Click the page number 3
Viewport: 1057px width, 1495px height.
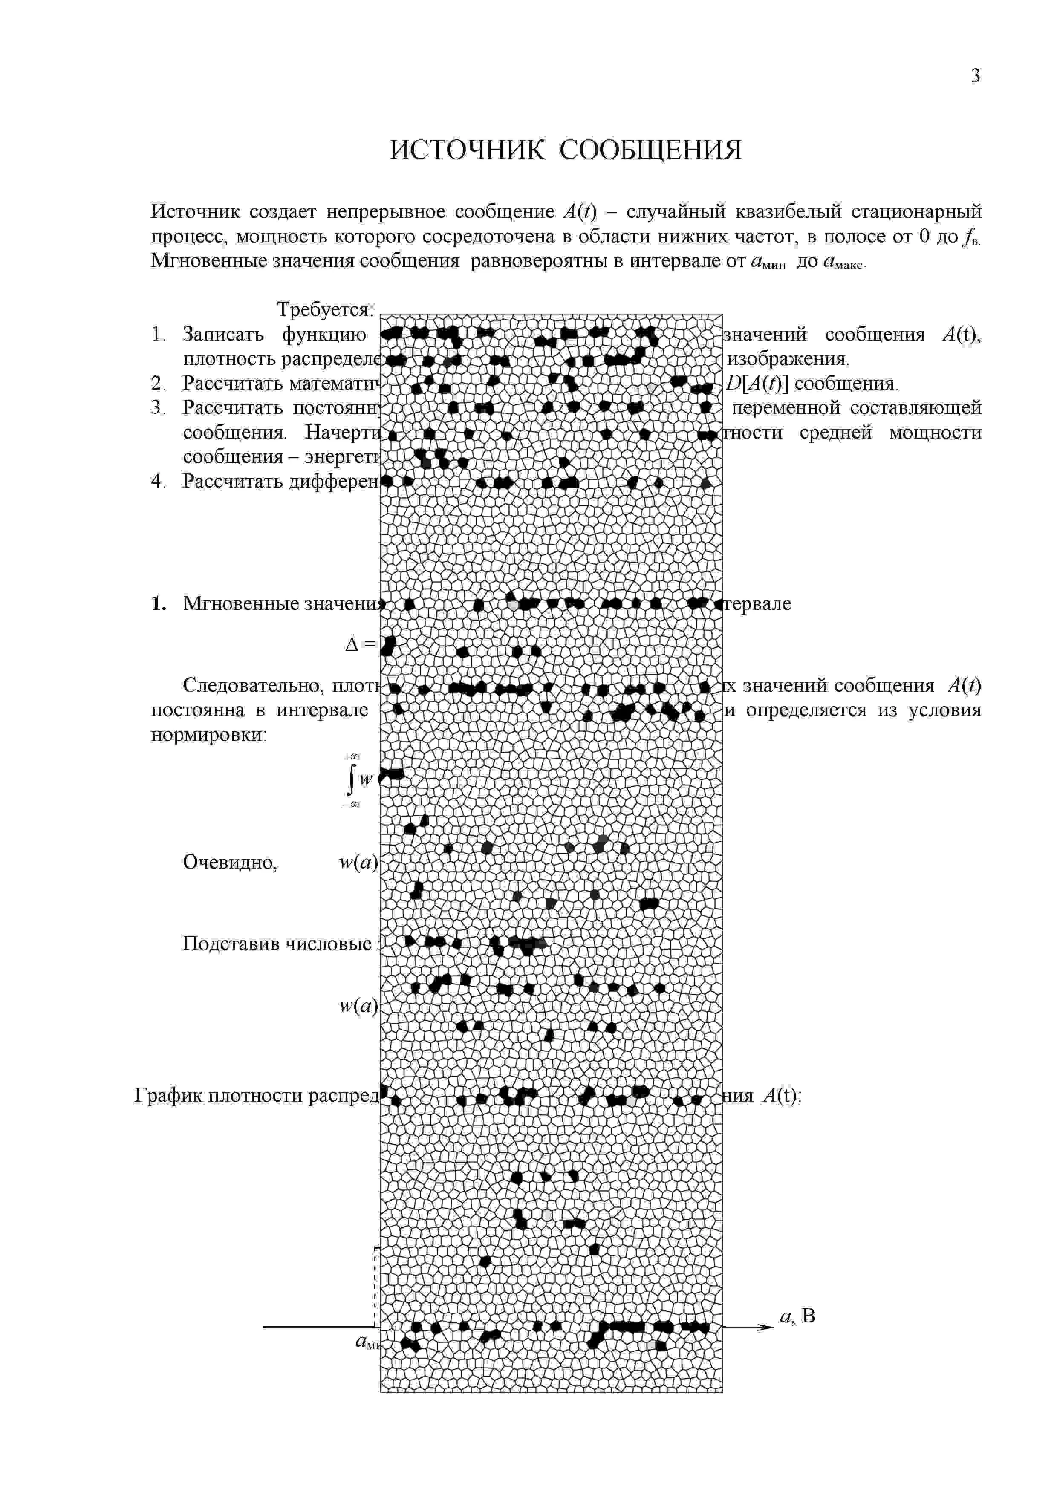point(975,76)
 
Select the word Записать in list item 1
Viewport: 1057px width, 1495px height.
point(223,334)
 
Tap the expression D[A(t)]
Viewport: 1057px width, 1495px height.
point(756,384)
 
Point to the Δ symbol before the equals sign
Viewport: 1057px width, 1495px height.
point(352,645)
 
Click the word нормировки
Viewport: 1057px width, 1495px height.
point(208,734)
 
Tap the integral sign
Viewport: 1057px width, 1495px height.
point(352,780)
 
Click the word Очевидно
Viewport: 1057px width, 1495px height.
point(230,862)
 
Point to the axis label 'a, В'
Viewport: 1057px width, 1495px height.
point(797,1316)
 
